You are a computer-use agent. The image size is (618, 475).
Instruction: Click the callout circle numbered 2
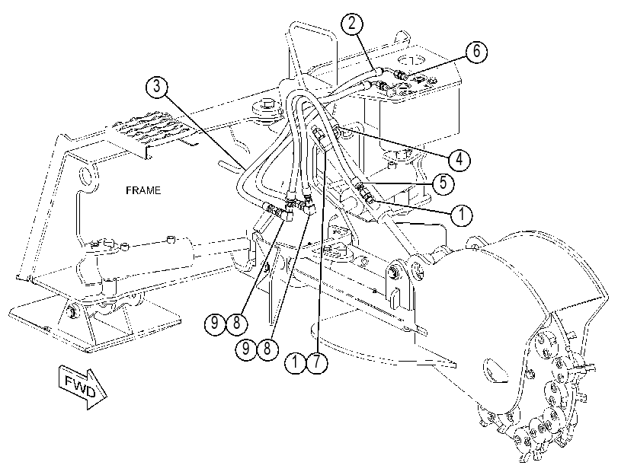tap(351, 23)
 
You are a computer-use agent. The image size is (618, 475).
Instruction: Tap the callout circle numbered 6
tap(476, 51)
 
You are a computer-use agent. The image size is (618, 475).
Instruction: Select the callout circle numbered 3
tap(157, 87)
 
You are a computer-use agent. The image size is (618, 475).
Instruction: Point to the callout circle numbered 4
tap(459, 160)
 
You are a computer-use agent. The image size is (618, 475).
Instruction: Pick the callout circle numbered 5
tap(443, 183)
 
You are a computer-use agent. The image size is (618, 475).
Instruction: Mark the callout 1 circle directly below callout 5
tap(462, 215)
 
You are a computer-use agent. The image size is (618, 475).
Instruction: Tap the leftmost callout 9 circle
tap(215, 324)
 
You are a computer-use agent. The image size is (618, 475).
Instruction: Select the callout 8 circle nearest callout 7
tap(267, 348)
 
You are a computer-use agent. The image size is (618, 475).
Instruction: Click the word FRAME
tap(143, 190)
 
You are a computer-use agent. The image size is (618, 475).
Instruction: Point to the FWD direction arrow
tap(82, 388)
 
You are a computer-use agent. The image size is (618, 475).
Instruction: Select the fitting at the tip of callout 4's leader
tap(337, 129)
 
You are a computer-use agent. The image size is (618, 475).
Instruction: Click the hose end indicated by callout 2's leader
tap(377, 72)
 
